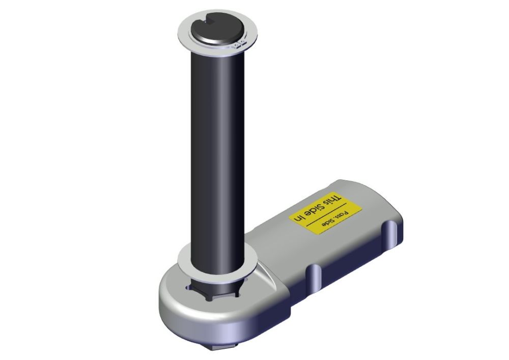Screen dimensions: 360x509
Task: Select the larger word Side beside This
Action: [x=317, y=208]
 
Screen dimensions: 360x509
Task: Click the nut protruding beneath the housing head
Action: [x=214, y=347]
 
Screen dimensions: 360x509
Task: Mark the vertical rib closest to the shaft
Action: [x=314, y=278]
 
